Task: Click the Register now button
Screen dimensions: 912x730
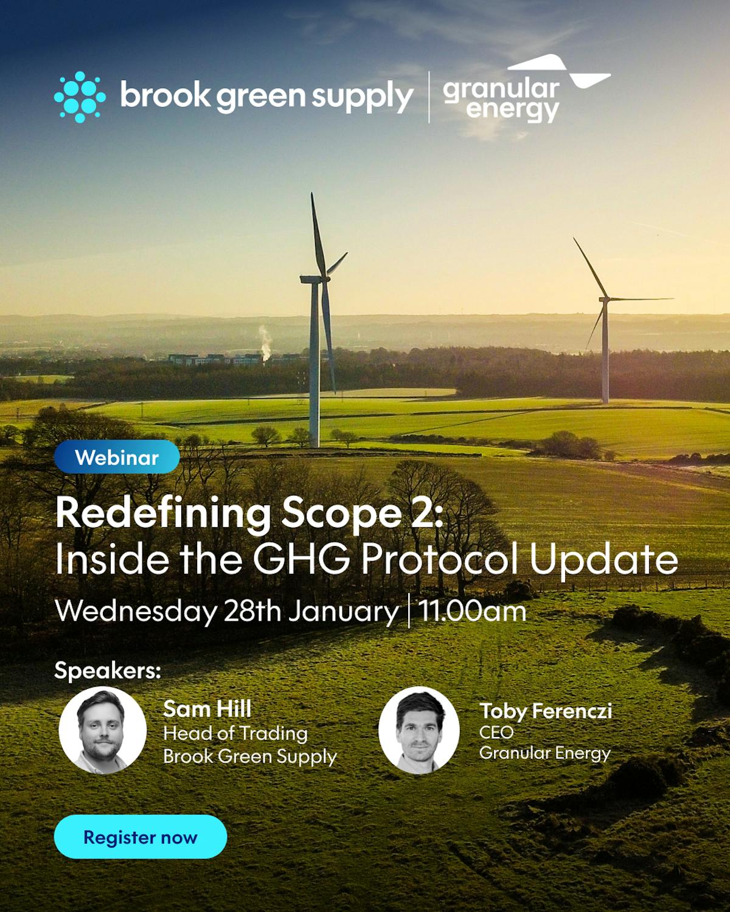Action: (140, 837)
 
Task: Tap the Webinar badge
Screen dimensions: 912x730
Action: (117, 457)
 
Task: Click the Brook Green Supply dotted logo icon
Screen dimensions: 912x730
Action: (80, 97)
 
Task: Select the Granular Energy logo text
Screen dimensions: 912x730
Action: (501, 100)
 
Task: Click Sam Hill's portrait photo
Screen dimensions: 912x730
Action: (102, 730)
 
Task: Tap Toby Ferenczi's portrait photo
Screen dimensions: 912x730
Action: (419, 730)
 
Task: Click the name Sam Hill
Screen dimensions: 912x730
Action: (207, 709)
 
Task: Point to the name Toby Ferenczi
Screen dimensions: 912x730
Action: (545, 711)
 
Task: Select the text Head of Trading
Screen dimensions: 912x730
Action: (235, 733)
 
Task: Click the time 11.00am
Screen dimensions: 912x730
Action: (472, 611)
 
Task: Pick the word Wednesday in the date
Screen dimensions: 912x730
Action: (135, 611)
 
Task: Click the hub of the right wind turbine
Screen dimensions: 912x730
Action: (604, 299)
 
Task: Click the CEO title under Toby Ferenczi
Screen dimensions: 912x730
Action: (496, 732)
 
